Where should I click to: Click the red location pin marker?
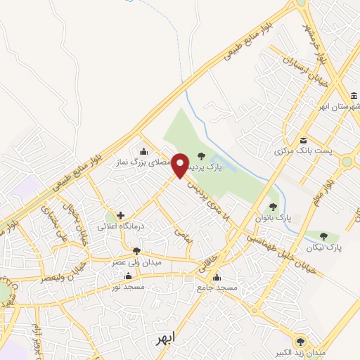coord(180,165)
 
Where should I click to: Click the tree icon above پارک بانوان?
coord(273,206)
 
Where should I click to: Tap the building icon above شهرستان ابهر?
coord(354,96)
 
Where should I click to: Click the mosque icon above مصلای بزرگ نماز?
coord(144,150)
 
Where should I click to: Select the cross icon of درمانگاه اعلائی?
coord(120,215)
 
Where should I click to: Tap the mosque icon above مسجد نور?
coord(128,276)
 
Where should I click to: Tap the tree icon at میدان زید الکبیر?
coord(302,339)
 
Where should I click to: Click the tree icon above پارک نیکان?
coord(323,236)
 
